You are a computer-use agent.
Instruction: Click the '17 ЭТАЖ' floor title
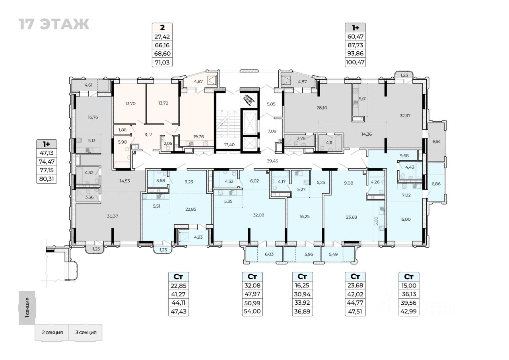54,24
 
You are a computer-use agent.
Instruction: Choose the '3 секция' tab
85,332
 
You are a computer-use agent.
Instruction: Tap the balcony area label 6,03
269,253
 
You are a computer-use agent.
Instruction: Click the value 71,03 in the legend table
161,62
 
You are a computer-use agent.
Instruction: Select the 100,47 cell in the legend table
355,62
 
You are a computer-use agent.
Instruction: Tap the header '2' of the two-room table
162,27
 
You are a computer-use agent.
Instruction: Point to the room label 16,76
93,117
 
